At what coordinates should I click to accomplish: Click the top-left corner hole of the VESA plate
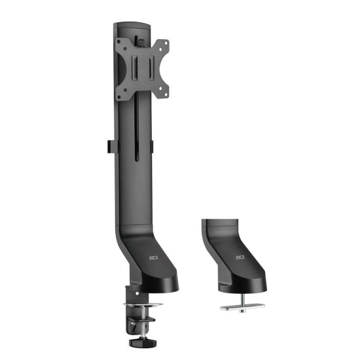(x=118, y=43)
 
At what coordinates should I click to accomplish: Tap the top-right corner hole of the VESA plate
(x=166, y=43)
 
